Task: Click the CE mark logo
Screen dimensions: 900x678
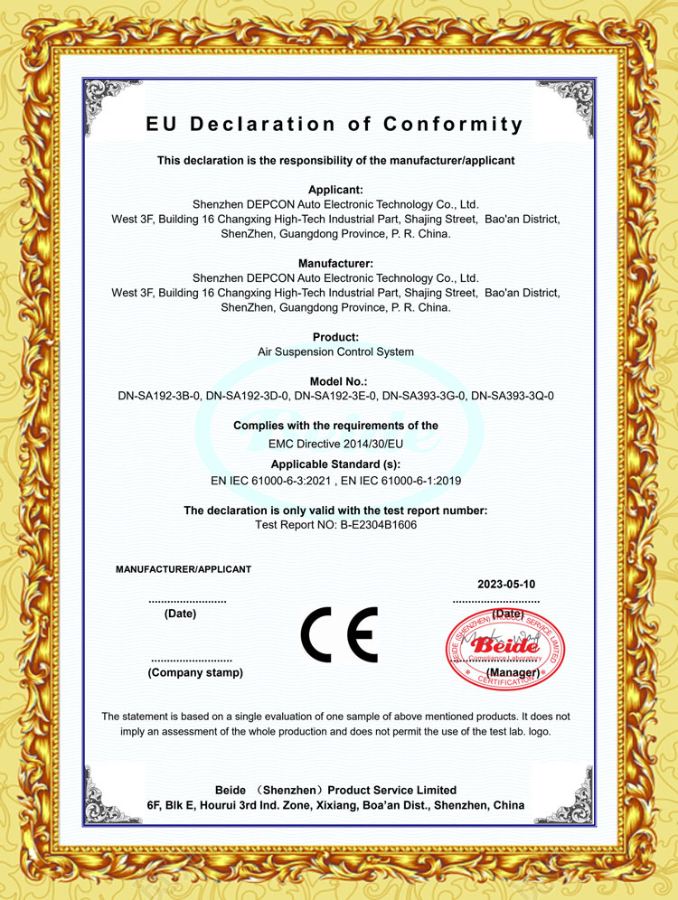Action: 339,635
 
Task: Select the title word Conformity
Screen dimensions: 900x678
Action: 453,125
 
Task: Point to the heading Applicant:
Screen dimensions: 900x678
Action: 335,190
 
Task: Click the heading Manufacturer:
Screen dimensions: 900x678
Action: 335,264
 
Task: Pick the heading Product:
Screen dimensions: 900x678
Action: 335,337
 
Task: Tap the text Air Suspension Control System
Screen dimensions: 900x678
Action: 335,352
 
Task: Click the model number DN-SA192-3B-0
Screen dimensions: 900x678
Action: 158,396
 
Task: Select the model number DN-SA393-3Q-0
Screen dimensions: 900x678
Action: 513,396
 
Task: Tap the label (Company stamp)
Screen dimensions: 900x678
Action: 195,673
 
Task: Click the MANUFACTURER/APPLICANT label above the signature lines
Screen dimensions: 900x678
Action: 184,569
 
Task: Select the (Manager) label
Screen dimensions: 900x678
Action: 513,673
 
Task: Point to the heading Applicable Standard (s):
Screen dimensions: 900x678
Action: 335,464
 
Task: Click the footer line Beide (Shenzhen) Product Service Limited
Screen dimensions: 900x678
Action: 335,790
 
